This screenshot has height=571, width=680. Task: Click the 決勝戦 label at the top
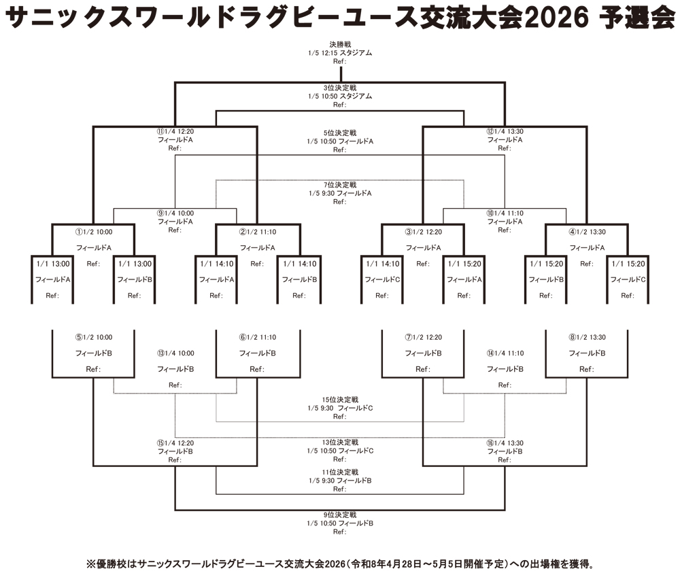340,44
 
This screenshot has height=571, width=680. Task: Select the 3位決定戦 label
340,88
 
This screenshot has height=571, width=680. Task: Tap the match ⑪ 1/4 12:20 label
175,131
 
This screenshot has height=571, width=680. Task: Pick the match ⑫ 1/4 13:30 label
505,131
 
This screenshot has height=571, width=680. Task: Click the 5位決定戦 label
340,133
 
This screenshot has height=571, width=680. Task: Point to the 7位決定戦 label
340,184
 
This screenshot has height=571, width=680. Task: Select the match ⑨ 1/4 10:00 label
175,213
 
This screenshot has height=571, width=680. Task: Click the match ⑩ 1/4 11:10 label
505,213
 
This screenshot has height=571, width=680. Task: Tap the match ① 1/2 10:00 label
93,232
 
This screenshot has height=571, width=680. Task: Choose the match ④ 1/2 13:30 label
586,232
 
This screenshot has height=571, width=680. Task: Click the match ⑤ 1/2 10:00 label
93,336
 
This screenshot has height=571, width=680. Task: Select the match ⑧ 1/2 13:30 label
586,336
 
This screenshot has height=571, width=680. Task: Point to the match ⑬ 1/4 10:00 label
175,353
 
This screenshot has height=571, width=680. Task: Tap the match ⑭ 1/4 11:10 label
505,353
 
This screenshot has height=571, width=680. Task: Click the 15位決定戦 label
340,400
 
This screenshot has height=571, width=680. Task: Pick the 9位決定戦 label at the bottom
340,515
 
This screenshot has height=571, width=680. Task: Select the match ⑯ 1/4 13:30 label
505,443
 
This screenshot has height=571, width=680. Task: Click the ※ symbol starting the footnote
90,564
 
